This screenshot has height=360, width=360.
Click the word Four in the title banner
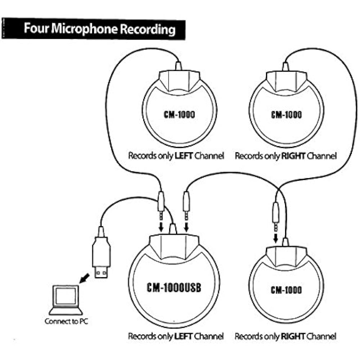point(36,28)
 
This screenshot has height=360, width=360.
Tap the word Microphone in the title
point(84,28)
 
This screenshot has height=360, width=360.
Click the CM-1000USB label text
point(174,287)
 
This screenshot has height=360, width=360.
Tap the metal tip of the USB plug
point(101,273)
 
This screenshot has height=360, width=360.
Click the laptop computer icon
point(66,300)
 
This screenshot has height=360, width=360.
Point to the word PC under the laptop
point(84,321)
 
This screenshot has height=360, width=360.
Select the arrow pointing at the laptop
point(84,278)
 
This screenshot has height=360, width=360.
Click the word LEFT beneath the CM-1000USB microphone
point(183,336)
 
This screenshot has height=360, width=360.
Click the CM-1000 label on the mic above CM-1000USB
point(179,114)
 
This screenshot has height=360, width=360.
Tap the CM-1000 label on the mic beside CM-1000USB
point(286,290)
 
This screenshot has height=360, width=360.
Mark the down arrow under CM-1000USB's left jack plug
point(161,226)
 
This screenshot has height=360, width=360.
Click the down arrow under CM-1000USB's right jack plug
point(186,226)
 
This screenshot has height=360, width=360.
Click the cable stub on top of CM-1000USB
point(173,229)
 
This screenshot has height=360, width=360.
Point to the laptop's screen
point(66,296)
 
